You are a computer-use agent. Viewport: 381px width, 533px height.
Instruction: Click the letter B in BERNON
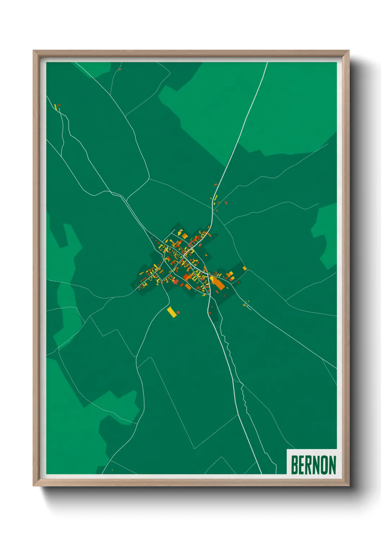(x=294, y=465)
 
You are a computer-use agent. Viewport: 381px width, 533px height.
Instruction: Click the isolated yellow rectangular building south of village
(x=172, y=312)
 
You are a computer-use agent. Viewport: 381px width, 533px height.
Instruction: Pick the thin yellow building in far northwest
(x=55, y=107)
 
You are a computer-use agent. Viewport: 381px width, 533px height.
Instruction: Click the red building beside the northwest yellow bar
(x=59, y=105)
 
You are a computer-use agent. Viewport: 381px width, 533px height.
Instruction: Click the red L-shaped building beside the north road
(x=226, y=203)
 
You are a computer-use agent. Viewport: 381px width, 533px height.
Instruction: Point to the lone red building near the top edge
(x=120, y=69)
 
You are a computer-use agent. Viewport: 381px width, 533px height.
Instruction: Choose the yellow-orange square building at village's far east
(x=245, y=268)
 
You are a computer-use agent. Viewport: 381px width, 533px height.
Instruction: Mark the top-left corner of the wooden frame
(x=34, y=51)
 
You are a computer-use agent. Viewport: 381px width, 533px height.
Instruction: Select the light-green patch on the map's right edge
(x=326, y=234)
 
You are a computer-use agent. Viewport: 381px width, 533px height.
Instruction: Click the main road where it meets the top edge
(x=267, y=63)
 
